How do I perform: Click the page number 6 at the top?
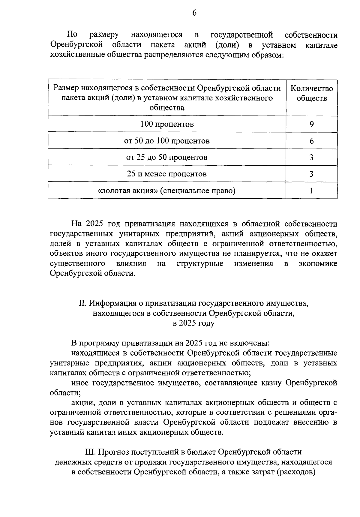click(x=194, y=13)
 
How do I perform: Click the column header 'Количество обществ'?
click(x=312, y=93)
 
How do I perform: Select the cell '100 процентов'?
click(x=167, y=124)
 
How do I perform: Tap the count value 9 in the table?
click(x=312, y=124)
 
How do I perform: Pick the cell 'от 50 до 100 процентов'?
click(x=167, y=141)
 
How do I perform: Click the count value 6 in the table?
click(x=312, y=141)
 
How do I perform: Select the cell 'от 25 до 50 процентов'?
click(x=167, y=157)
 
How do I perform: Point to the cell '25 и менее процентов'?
click(x=167, y=174)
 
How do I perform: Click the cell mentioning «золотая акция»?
click(x=167, y=191)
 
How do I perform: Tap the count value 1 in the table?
click(x=312, y=191)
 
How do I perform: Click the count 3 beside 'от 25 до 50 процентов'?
click(x=312, y=157)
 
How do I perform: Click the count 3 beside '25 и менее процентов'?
click(x=312, y=174)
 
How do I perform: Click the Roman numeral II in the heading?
click(x=82, y=303)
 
